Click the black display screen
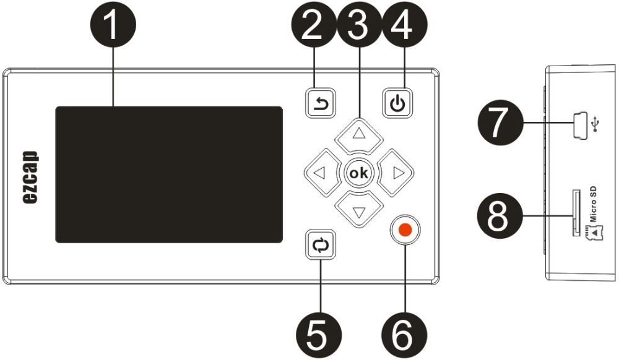pos(169,174)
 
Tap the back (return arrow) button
pos(321,103)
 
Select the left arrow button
pos(322,173)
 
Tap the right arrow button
pos(396,173)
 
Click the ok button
pos(359,173)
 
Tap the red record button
pos(405,229)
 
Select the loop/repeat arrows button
pos(321,244)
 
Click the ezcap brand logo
pos(30,177)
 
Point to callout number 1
pos(113,25)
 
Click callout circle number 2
pos(314,25)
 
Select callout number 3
pos(359,25)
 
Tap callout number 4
pos(404,25)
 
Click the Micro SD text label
pos(592,204)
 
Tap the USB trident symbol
pos(596,124)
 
